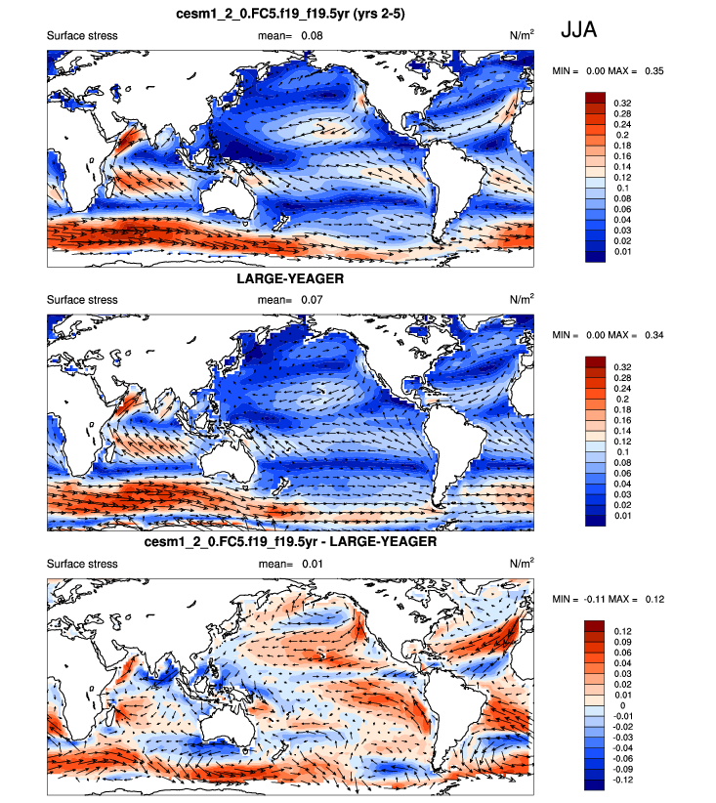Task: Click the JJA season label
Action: [x=578, y=30]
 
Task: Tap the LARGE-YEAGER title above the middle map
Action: [x=291, y=277]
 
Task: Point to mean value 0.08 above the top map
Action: [x=312, y=36]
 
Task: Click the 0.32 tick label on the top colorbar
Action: [x=621, y=102]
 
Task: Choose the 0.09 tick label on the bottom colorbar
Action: [x=622, y=642]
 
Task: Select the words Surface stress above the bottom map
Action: [x=82, y=564]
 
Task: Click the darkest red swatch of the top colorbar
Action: [x=595, y=97]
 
